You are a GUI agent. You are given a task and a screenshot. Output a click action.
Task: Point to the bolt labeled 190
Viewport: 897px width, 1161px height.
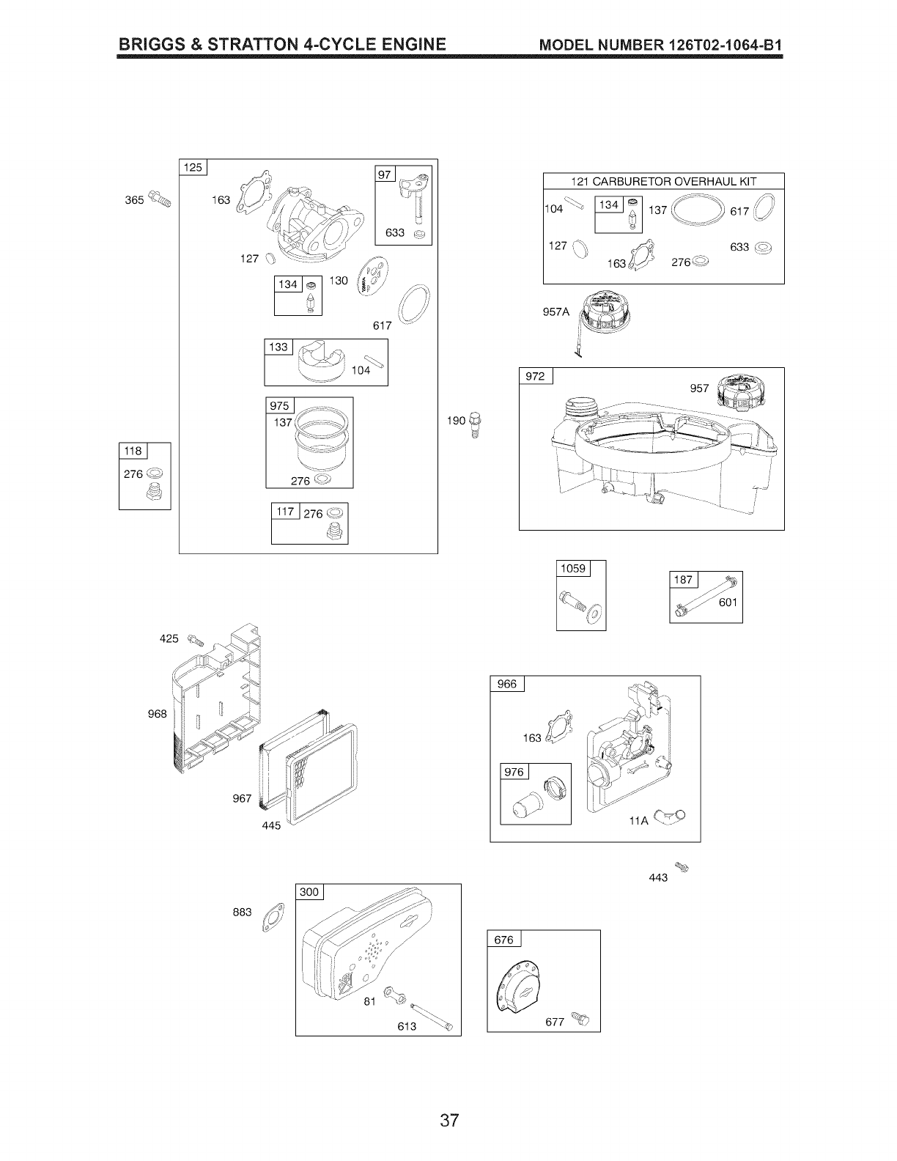coord(475,424)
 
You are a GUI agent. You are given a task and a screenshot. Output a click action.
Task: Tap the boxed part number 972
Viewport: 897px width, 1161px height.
coord(536,377)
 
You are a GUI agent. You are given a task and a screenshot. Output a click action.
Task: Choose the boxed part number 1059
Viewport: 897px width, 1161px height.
coord(573,569)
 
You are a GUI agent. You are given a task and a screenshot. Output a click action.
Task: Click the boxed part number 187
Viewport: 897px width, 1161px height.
coord(683,580)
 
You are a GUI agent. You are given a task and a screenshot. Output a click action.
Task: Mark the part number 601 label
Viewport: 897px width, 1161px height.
coord(728,602)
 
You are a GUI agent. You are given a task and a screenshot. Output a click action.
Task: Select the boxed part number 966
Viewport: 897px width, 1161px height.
coord(507,684)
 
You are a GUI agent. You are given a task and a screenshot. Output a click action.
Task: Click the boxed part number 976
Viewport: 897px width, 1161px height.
coord(515,772)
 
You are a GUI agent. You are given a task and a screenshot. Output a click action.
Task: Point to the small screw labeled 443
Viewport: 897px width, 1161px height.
coord(684,868)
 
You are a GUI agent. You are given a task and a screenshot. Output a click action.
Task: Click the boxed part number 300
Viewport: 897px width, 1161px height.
coord(310,892)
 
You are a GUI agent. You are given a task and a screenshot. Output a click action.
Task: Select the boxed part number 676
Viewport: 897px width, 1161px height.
coord(504,940)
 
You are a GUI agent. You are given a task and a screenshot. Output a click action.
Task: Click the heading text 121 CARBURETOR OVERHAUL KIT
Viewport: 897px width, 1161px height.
coord(663,182)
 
